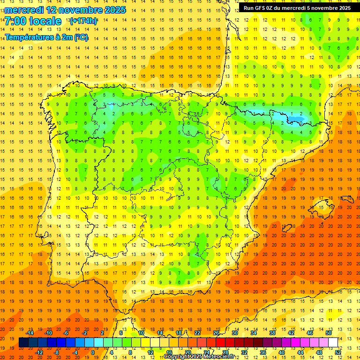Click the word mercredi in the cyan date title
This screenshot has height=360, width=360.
point(24,10)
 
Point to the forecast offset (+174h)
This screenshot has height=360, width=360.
point(83,21)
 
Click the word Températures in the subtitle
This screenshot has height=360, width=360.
point(28,37)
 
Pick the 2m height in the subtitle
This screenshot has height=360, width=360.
point(64,37)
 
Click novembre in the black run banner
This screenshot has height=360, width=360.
point(324,8)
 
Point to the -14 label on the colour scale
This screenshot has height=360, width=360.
point(30,333)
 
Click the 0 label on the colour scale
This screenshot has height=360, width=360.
point(92,352)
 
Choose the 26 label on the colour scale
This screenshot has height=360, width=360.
point(216,333)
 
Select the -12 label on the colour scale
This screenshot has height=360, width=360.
point(39,352)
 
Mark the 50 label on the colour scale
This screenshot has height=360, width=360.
point(328,333)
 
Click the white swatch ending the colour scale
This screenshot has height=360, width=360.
point(333,343)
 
